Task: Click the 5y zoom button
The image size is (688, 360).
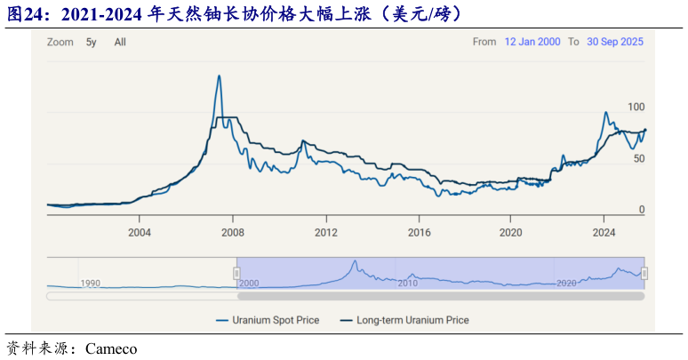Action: click(x=91, y=42)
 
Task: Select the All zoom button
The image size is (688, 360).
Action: click(x=120, y=42)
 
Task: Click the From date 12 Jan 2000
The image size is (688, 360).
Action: click(x=532, y=42)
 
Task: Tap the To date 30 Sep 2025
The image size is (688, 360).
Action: click(x=615, y=42)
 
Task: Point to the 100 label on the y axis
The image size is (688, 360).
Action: click(x=636, y=107)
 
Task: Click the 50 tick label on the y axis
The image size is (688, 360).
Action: click(x=638, y=158)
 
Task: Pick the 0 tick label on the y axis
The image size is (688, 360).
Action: click(x=641, y=210)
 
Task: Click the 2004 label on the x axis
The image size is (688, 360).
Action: click(x=139, y=233)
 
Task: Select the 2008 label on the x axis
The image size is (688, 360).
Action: click(x=232, y=233)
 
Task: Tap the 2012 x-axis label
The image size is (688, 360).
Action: click(x=325, y=233)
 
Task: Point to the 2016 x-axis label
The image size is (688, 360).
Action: click(x=419, y=233)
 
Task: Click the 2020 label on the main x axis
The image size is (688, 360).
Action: click(x=511, y=233)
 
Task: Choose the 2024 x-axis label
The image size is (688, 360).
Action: click(x=604, y=233)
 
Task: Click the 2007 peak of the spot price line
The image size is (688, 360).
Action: click(x=219, y=76)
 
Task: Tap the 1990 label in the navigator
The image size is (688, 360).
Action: click(x=91, y=283)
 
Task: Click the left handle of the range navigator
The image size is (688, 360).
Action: click(x=237, y=273)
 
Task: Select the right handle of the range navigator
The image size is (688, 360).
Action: click(x=644, y=273)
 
